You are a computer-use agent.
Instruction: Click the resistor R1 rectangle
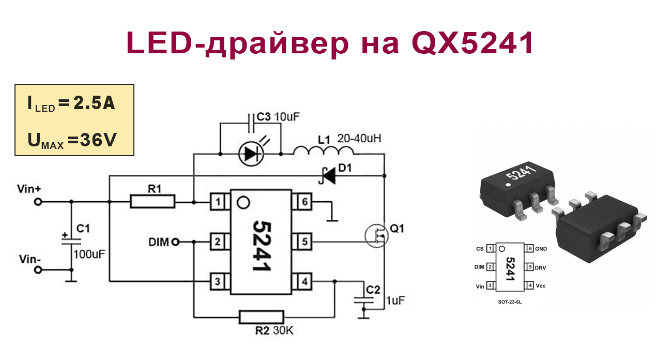(x=152, y=201)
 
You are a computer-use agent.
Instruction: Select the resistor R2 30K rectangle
(x=262, y=317)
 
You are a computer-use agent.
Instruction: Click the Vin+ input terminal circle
(x=38, y=202)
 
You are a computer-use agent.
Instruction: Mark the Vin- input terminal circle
(x=38, y=270)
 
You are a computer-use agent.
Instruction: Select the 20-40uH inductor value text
(x=360, y=139)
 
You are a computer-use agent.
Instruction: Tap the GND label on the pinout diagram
(x=541, y=249)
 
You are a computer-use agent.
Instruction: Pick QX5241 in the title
(x=472, y=44)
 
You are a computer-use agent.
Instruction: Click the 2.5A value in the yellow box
(x=94, y=103)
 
